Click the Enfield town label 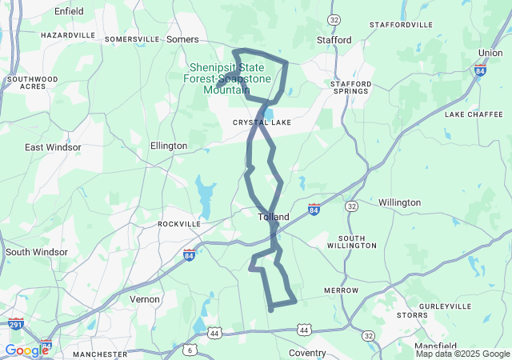(x=68, y=11)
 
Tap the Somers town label (x=182, y=38)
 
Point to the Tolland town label (x=274, y=217)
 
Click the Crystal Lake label (x=262, y=122)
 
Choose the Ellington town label (x=169, y=146)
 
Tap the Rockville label (x=179, y=224)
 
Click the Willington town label (x=399, y=202)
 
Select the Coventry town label (x=307, y=353)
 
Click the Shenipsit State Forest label (x=226, y=78)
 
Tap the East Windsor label (x=53, y=147)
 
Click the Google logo (x=26, y=350)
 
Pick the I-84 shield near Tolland (x=314, y=210)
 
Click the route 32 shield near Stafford (x=334, y=19)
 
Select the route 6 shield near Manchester (x=190, y=350)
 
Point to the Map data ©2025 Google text (x=462, y=354)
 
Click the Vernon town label (x=145, y=298)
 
